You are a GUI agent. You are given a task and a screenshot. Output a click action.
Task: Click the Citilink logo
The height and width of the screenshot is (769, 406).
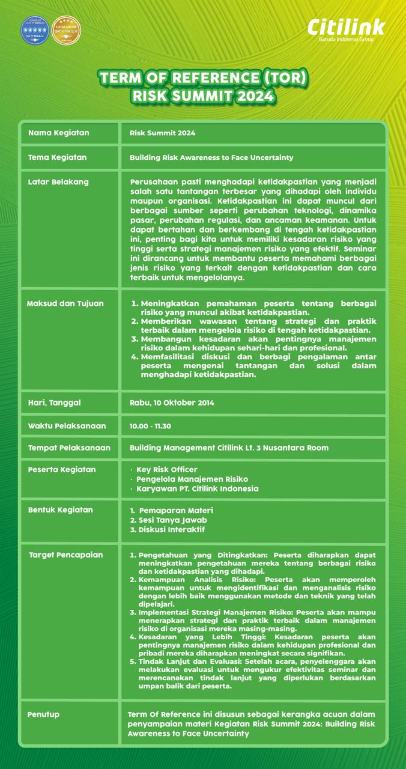point(347,28)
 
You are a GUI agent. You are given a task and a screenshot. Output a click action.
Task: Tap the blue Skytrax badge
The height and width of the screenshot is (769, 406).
point(35,31)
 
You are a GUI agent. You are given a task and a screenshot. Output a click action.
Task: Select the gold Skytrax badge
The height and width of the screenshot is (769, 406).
point(66,31)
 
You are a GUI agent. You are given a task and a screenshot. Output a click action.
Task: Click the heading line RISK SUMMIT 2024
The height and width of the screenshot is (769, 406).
point(203,96)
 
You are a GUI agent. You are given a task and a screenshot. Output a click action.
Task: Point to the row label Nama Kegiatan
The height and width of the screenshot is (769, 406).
point(58,133)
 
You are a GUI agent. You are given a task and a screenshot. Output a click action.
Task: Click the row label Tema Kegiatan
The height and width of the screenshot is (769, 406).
point(58,157)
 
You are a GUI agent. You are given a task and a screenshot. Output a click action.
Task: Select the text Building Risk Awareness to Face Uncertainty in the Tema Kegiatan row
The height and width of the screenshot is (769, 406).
point(211,157)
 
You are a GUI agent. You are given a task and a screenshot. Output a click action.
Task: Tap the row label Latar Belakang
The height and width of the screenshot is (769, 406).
point(58,181)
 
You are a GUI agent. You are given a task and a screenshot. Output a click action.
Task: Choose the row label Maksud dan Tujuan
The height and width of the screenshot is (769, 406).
point(65,303)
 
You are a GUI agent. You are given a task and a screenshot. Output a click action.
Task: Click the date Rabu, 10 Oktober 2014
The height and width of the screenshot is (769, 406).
point(172,403)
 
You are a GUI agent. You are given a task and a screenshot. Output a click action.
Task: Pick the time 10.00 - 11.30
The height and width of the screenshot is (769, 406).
point(150,426)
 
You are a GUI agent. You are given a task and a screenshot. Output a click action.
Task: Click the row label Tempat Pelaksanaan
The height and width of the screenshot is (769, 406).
point(69,448)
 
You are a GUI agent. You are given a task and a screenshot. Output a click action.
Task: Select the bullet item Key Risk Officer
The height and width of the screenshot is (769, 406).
point(166,469)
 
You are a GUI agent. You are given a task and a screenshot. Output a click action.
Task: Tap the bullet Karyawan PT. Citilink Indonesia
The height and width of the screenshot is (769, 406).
point(197,488)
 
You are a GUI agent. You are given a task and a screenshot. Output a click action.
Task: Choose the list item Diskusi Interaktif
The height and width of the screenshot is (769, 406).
point(171,529)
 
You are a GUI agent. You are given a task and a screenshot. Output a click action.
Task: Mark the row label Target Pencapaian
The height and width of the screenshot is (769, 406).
point(66,555)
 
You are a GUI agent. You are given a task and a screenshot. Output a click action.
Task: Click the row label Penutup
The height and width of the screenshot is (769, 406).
point(43,714)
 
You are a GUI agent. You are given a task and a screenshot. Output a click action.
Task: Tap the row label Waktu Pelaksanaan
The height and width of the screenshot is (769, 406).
point(67,426)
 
